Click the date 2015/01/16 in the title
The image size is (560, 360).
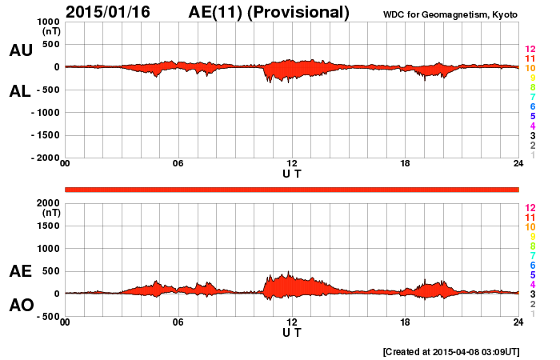[x=114, y=12]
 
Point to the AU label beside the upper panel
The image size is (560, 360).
[x=20, y=50]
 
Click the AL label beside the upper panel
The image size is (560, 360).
[x=20, y=91]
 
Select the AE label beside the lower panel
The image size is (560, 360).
[x=20, y=271]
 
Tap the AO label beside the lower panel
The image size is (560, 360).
[x=20, y=306]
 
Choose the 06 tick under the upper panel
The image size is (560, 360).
[x=178, y=164]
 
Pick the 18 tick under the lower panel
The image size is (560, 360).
[x=405, y=322]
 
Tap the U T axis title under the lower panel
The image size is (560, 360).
[x=292, y=331]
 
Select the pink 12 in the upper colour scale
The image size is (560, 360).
[x=530, y=50]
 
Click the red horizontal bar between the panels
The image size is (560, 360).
[x=292, y=189]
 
